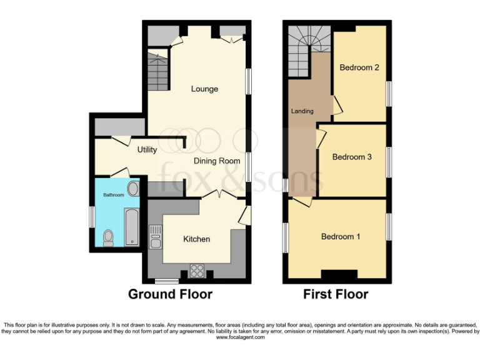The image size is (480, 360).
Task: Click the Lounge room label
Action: (x=204, y=89)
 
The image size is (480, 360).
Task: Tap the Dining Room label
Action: (x=217, y=161)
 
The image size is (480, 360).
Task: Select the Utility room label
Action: (x=147, y=150)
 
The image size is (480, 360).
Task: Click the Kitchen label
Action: (x=196, y=239)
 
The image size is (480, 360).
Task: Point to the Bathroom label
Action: (x=113, y=195)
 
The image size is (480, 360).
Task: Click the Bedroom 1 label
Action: (x=341, y=236)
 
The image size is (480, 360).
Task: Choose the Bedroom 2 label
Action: (x=359, y=67)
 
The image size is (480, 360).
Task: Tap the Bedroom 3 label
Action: (x=352, y=157)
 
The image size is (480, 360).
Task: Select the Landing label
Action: (x=302, y=111)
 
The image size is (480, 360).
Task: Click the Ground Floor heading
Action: (x=170, y=294)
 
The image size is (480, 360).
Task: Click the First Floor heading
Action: (x=336, y=294)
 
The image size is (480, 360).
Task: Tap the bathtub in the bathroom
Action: (x=132, y=227)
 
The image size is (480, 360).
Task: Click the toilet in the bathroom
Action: (x=108, y=236)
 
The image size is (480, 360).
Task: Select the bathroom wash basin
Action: (x=133, y=189)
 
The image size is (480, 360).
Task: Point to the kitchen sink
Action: (x=155, y=237)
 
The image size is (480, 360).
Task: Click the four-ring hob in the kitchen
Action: (x=197, y=271)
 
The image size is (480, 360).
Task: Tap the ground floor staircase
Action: (x=159, y=72)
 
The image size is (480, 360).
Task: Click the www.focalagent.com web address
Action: (x=240, y=337)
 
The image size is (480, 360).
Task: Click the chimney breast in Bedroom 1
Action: (x=340, y=275)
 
